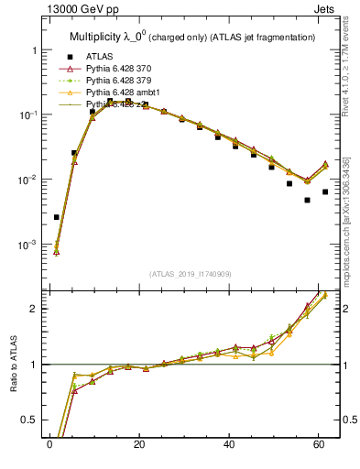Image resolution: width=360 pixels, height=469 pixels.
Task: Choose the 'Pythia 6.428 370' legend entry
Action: [x=123, y=69]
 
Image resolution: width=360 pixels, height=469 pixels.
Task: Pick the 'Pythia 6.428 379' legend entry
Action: [x=123, y=82]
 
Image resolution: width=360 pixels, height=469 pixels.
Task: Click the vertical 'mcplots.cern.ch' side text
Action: [x=350, y=220]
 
